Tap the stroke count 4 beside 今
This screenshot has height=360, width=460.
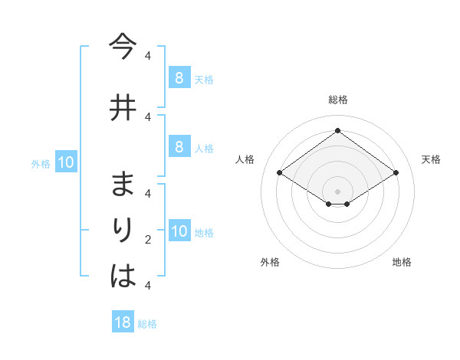click(148, 56)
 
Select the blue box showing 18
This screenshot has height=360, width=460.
click(123, 322)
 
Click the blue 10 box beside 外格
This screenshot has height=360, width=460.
click(65, 162)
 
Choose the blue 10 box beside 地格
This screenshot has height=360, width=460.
click(179, 231)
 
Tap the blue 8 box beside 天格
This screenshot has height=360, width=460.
click(179, 77)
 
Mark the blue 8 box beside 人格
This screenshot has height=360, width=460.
click(179, 147)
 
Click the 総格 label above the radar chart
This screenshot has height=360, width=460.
click(338, 100)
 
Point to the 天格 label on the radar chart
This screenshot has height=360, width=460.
click(431, 159)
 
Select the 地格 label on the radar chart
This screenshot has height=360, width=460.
click(402, 262)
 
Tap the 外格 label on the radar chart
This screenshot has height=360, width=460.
click(270, 262)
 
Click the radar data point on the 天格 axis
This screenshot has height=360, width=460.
click(396, 173)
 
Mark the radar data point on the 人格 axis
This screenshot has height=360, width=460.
click(280, 173)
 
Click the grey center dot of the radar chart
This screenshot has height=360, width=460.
click(337, 191)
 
